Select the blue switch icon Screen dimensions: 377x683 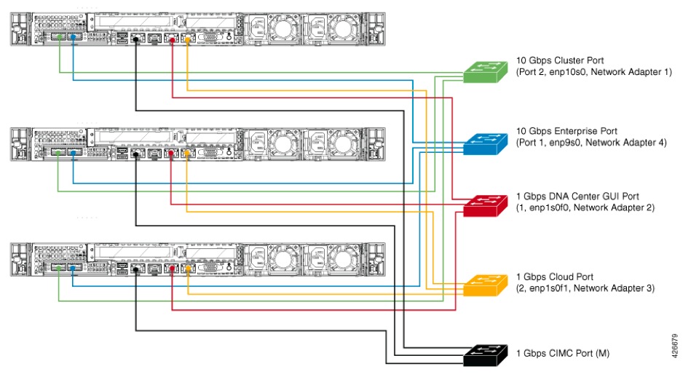[x=483, y=142]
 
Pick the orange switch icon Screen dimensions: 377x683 [x=483, y=285]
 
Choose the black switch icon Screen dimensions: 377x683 [x=483, y=355]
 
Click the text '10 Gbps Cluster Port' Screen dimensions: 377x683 [x=559, y=60]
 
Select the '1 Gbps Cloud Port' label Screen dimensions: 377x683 [x=554, y=277]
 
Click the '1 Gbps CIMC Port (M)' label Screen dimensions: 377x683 [x=562, y=353]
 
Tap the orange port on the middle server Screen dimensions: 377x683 [x=188, y=154]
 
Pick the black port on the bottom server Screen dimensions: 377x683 [x=137, y=269]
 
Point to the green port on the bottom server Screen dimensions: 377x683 [x=59, y=269]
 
